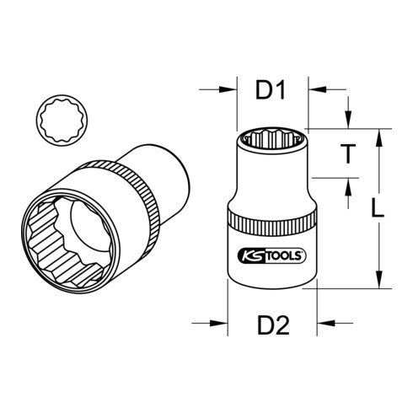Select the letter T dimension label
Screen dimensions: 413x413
tap(346, 153)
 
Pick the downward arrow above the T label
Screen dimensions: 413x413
tap(346, 123)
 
